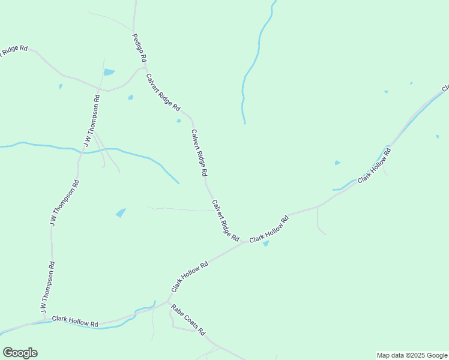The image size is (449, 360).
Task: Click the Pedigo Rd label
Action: (140, 48)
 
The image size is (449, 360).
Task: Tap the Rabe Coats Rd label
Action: (188, 320)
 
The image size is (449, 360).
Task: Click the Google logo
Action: (20, 353)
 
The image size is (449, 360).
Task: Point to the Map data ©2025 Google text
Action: (412, 355)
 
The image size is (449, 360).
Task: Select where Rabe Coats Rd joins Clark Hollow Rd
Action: (169, 302)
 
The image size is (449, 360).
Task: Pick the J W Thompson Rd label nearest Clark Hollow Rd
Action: (48, 287)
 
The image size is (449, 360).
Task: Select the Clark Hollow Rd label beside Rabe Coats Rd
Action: (190, 277)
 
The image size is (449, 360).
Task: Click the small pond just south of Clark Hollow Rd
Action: (266, 244)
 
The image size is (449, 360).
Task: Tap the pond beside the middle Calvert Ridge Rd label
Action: (179, 121)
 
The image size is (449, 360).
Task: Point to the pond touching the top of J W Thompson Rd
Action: (109, 72)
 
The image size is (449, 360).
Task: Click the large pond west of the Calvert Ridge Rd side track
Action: (121, 212)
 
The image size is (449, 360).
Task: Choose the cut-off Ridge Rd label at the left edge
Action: (14, 50)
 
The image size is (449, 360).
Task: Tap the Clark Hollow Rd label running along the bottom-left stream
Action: (75, 322)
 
